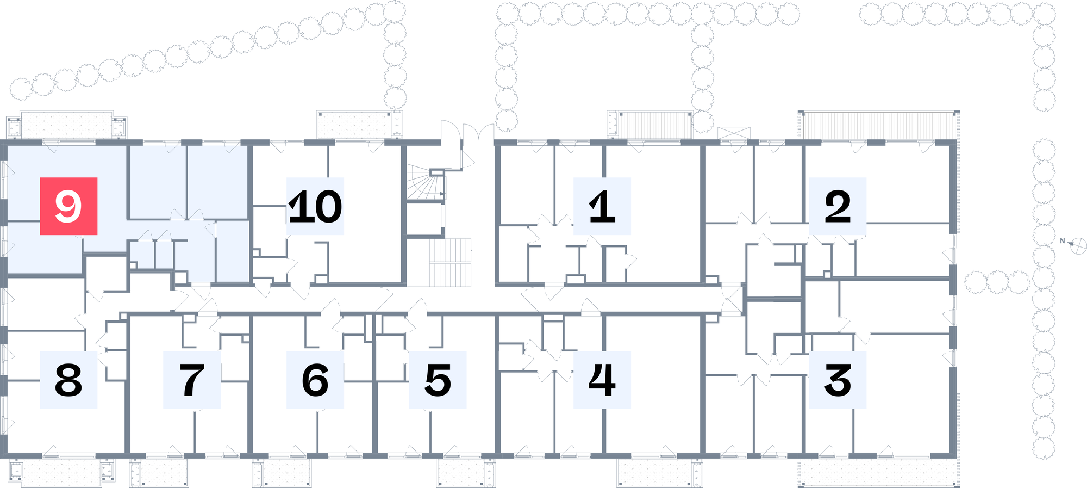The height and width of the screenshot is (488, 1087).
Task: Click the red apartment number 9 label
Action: click(68, 206)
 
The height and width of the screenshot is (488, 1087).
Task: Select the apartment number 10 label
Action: click(315, 206)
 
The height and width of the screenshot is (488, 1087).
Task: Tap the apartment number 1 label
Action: click(602, 206)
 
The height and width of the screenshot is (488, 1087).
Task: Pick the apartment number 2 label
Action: click(838, 206)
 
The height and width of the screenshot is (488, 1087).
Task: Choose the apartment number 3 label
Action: click(838, 380)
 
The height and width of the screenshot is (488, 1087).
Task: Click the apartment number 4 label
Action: click(602, 380)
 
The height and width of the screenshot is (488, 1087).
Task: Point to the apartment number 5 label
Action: click(438, 380)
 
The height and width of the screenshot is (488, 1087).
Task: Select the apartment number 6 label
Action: click(315, 380)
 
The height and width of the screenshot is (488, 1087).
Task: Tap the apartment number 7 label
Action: click(192, 380)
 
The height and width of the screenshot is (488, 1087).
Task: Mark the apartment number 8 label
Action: click(68, 380)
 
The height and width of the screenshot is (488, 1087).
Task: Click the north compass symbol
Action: click(1078, 246)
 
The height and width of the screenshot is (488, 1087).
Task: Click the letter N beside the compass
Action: click(1063, 241)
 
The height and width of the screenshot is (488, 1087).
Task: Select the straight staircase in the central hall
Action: click(450, 262)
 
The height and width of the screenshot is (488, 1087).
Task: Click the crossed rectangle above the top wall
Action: click(734, 133)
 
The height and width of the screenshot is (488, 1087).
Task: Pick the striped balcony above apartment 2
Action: click(879, 126)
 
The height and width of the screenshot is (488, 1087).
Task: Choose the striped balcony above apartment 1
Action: click(650, 125)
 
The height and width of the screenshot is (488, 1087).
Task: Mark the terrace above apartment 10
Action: click(359, 125)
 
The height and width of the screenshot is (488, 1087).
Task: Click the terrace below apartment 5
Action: click(466, 473)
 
